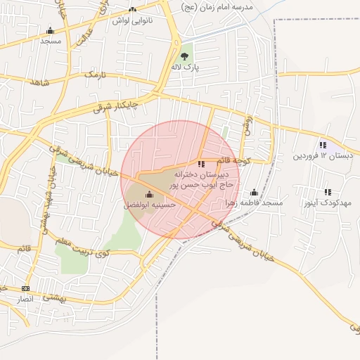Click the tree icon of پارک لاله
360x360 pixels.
(184, 56)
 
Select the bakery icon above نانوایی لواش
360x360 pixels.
(133, 9)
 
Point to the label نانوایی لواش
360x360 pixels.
(133, 20)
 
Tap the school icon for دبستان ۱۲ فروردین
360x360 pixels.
(323, 144)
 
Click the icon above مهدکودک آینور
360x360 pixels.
(328, 192)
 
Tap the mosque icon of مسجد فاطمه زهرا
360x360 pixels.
(254, 192)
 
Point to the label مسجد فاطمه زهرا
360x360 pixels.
(253, 202)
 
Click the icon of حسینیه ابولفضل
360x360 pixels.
(148, 195)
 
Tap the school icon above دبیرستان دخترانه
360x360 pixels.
(201, 164)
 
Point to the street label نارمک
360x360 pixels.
(94, 74)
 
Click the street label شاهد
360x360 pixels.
(39, 82)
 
